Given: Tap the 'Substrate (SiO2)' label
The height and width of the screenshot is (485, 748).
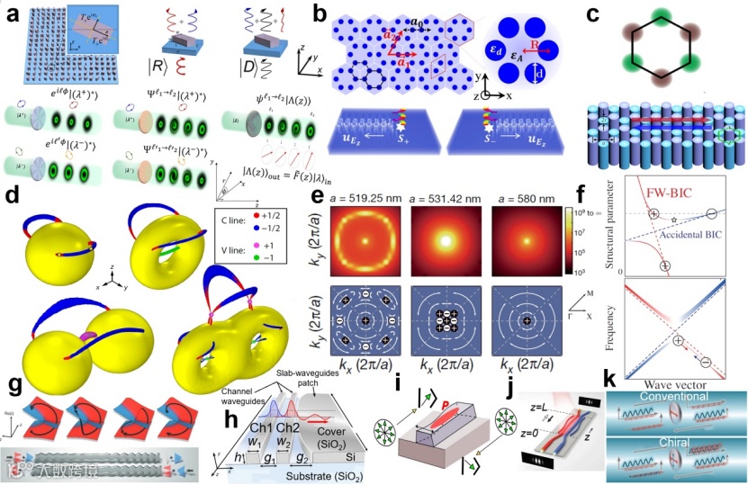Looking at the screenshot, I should coord(300,470).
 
